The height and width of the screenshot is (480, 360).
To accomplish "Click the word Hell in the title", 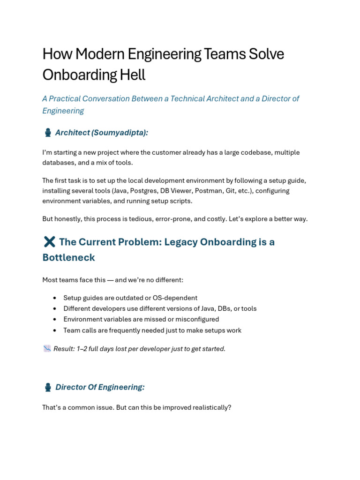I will click(133, 75).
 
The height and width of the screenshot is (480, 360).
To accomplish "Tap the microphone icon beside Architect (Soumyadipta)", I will click(48, 133).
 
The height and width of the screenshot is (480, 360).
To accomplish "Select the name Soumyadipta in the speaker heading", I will click(119, 133).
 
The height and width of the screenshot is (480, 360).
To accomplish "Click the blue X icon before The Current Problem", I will click(49, 242).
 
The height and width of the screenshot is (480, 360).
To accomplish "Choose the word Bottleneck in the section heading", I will click(68, 257).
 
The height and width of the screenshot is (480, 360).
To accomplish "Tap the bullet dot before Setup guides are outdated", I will click(55, 298).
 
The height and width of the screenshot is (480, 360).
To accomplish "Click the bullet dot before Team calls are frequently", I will click(55, 330).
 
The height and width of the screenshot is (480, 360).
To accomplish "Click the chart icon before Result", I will click(47, 349).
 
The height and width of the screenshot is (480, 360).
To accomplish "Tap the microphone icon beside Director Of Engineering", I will click(48, 387).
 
